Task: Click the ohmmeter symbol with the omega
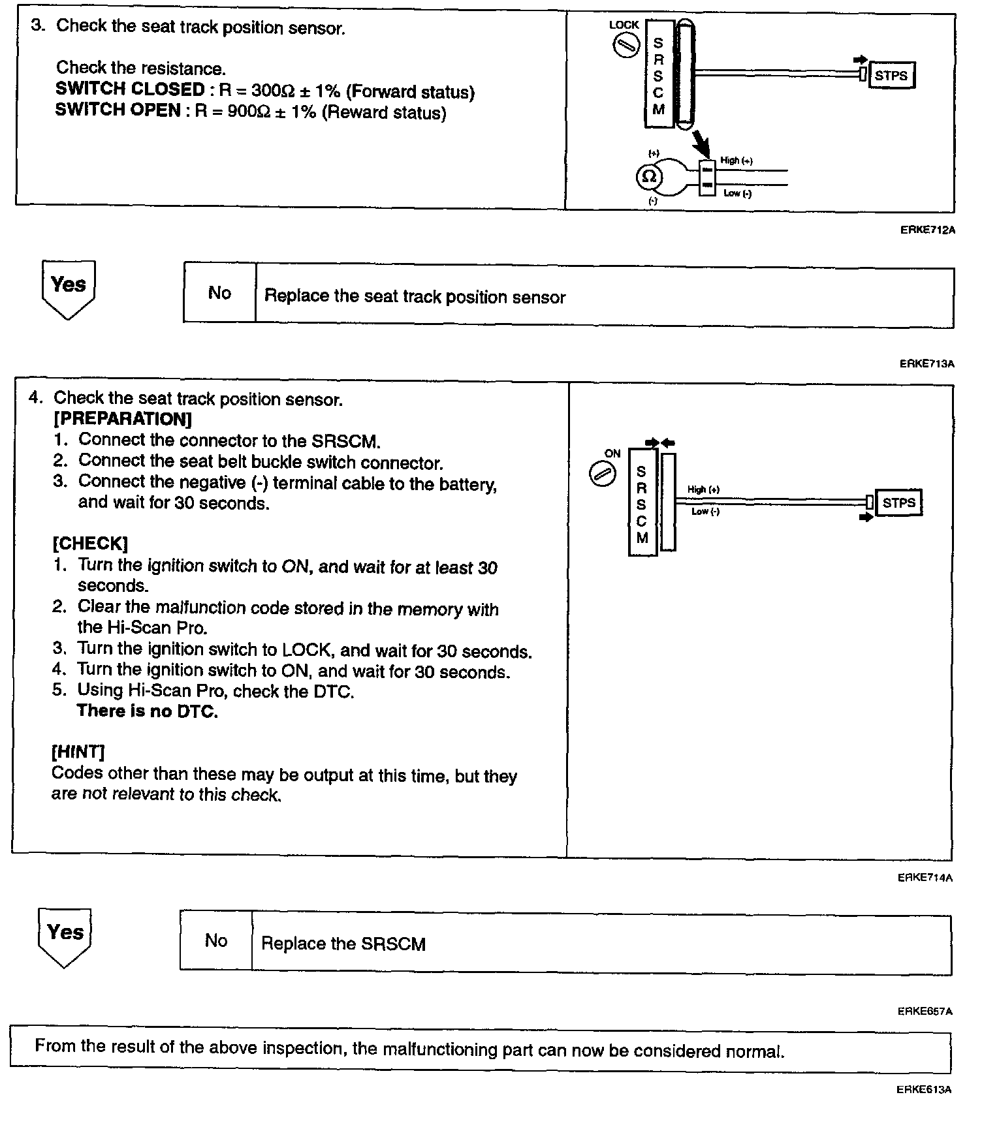coord(649,176)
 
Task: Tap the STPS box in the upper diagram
coord(891,75)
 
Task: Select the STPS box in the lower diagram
coord(898,503)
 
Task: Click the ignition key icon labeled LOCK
coord(626,46)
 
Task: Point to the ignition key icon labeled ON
coord(602,474)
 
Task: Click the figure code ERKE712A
coord(927,230)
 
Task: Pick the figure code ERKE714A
coord(925,878)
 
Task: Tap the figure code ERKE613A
coord(925,1089)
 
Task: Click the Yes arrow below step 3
coord(68,288)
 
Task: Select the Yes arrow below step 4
coord(65,935)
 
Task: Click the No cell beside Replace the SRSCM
coord(216,940)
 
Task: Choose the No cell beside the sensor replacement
coord(219,293)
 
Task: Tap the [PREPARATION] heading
coord(123,418)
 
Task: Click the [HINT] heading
coord(78,752)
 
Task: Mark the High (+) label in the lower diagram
coord(703,489)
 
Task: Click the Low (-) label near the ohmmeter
coord(737,193)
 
